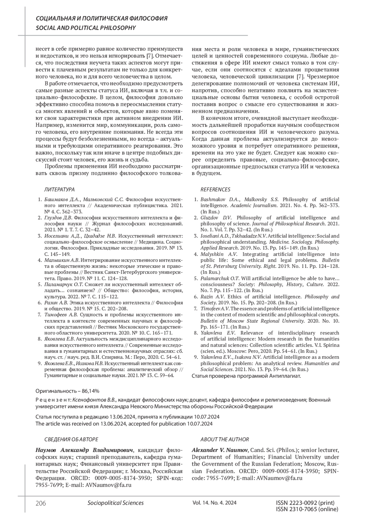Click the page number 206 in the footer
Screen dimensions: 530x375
(x=41, y=503)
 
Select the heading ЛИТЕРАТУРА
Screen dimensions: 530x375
(x=59, y=190)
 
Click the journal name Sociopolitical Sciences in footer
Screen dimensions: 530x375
(x=116, y=503)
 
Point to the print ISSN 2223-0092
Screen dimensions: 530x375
(x=305, y=503)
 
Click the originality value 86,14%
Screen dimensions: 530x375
(x=90, y=391)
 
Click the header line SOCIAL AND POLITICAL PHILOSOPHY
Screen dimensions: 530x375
(x=86, y=28)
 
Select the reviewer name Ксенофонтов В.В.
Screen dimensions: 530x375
(x=95, y=400)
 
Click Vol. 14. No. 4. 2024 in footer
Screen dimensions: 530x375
(x=215, y=503)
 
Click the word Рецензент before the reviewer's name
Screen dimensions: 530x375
(x=53, y=400)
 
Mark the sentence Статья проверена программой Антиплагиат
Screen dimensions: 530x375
(x=246, y=376)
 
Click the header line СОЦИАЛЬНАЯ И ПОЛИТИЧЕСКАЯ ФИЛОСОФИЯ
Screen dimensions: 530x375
(x=102, y=19)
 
